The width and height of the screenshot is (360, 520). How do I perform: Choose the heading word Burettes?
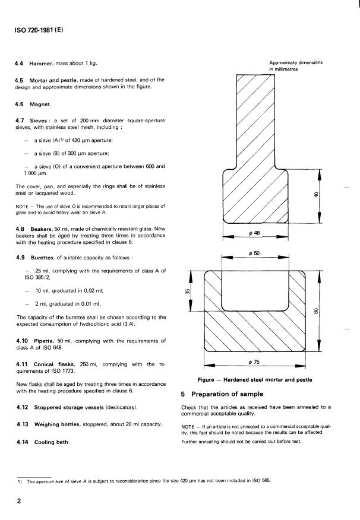[41, 258]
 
